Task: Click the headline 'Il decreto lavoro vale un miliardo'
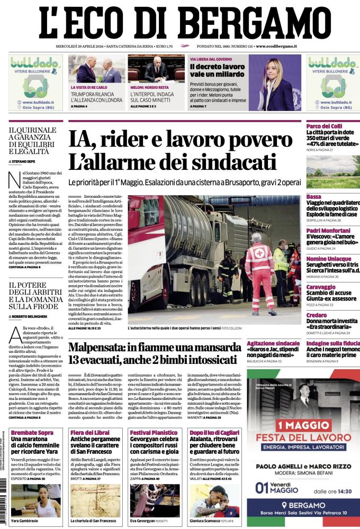pos(218,71)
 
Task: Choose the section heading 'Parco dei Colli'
pos(324,125)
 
